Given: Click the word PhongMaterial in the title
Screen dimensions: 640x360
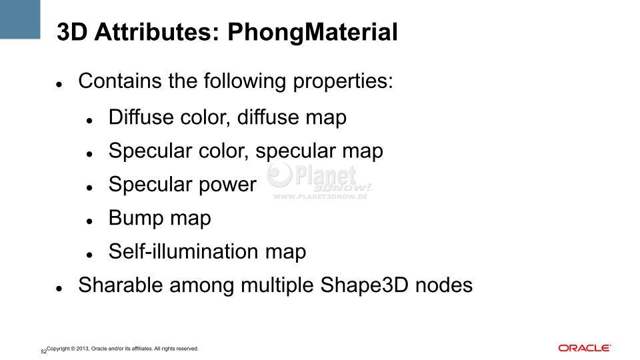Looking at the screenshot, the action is click(312, 33).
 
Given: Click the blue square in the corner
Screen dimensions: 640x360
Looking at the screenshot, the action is click(20, 19).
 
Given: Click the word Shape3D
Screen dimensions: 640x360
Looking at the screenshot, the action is click(364, 285).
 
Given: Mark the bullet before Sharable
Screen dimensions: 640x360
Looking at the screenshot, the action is click(59, 288).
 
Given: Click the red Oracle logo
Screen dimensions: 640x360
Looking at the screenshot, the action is click(585, 348).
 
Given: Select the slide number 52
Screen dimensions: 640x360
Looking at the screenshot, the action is click(44, 351).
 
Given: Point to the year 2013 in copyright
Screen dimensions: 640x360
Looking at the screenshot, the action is click(83, 349).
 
